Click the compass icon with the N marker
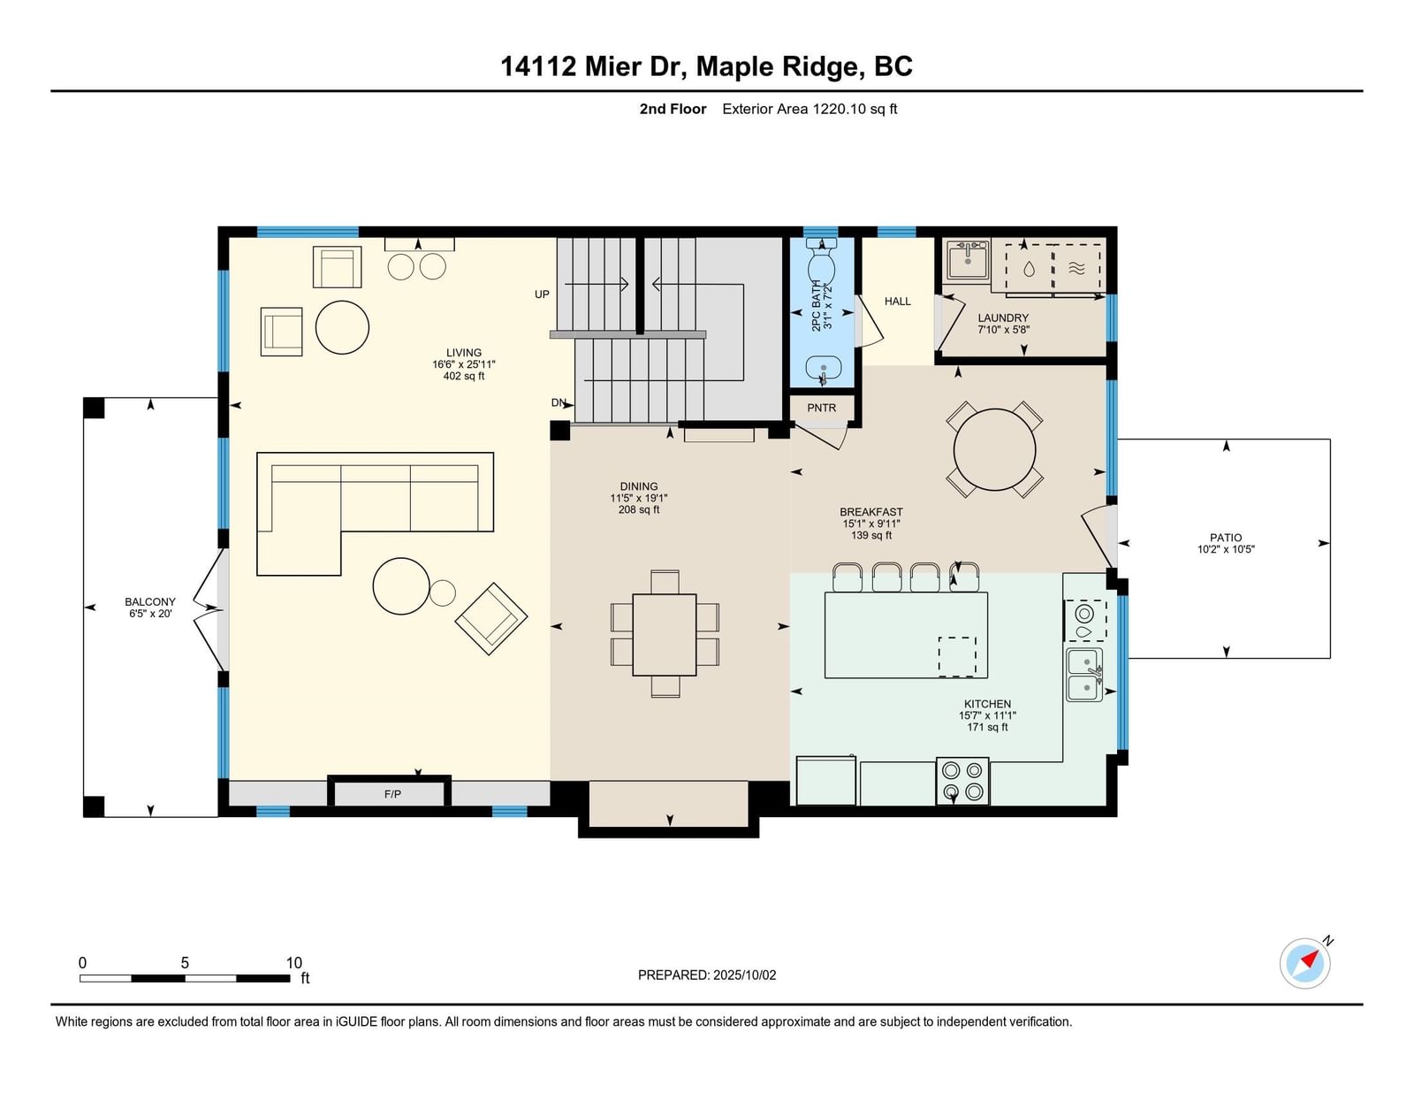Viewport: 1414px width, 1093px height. click(x=1304, y=964)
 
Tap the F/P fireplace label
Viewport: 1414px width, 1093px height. click(x=392, y=794)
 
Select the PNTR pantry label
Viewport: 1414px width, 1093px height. click(x=821, y=409)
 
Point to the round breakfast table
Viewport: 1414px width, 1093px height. click(x=994, y=450)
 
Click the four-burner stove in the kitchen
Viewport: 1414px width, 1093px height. click(x=962, y=781)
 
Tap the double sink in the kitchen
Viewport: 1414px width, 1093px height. click(x=1084, y=675)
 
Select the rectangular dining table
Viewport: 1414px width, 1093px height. click(x=665, y=635)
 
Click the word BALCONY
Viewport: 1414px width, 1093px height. click(x=150, y=602)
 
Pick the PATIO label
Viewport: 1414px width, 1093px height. click(x=1226, y=538)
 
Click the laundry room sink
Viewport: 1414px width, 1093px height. click(x=968, y=260)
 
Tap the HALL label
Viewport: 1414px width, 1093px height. click(x=897, y=302)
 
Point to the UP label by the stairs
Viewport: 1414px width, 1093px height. click(x=542, y=294)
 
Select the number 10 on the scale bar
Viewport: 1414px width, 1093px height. click(x=294, y=963)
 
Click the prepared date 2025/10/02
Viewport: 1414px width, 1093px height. click(x=744, y=975)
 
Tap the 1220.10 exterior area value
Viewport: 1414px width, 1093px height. click(x=840, y=109)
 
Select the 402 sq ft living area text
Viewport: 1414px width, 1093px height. click(x=463, y=376)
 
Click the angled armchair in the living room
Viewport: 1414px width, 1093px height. click(x=491, y=618)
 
